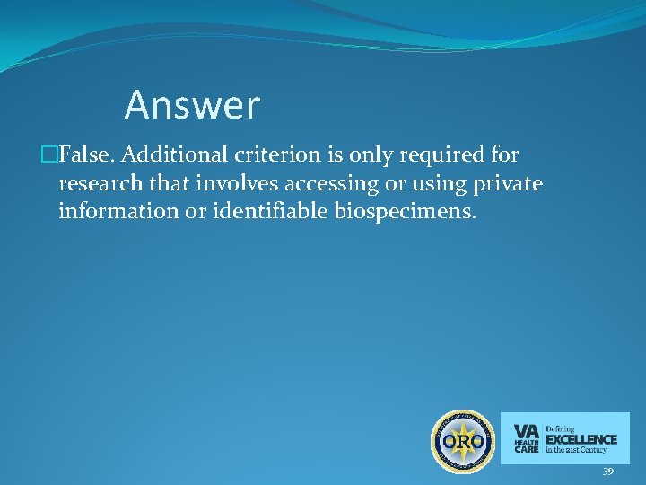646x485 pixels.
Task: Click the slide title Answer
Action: click(x=192, y=106)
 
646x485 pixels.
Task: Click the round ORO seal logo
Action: click(x=463, y=441)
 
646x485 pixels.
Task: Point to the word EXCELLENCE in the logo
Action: click(x=581, y=439)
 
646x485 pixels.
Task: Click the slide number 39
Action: click(x=607, y=472)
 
